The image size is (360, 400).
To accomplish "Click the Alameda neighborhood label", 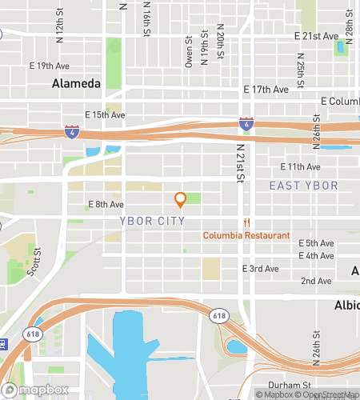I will pyautogui.click(x=77, y=83).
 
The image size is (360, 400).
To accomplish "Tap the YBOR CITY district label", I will pyautogui.click(x=152, y=221).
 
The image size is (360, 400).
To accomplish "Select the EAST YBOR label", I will pyautogui.click(x=303, y=186).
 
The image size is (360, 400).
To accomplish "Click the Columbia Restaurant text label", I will pyautogui.click(x=246, y=235).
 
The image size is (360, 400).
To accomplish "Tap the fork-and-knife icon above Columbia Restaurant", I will pyautogui.click(x=246, y=222).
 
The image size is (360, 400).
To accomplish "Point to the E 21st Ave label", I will pyautogui.click(x=318, y=37).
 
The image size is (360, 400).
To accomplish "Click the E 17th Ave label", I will pyautogui.click(x=266, y=90).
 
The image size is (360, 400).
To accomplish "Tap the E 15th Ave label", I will pyautogui.click(x=104, y=115).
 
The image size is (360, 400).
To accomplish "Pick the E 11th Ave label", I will pyautogui.click(x=300, y=166).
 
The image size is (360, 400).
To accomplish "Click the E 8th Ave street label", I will pyautogui.click(x=104, y=206).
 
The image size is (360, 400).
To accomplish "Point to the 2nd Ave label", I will pyautogui.click(x=315, y=282).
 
